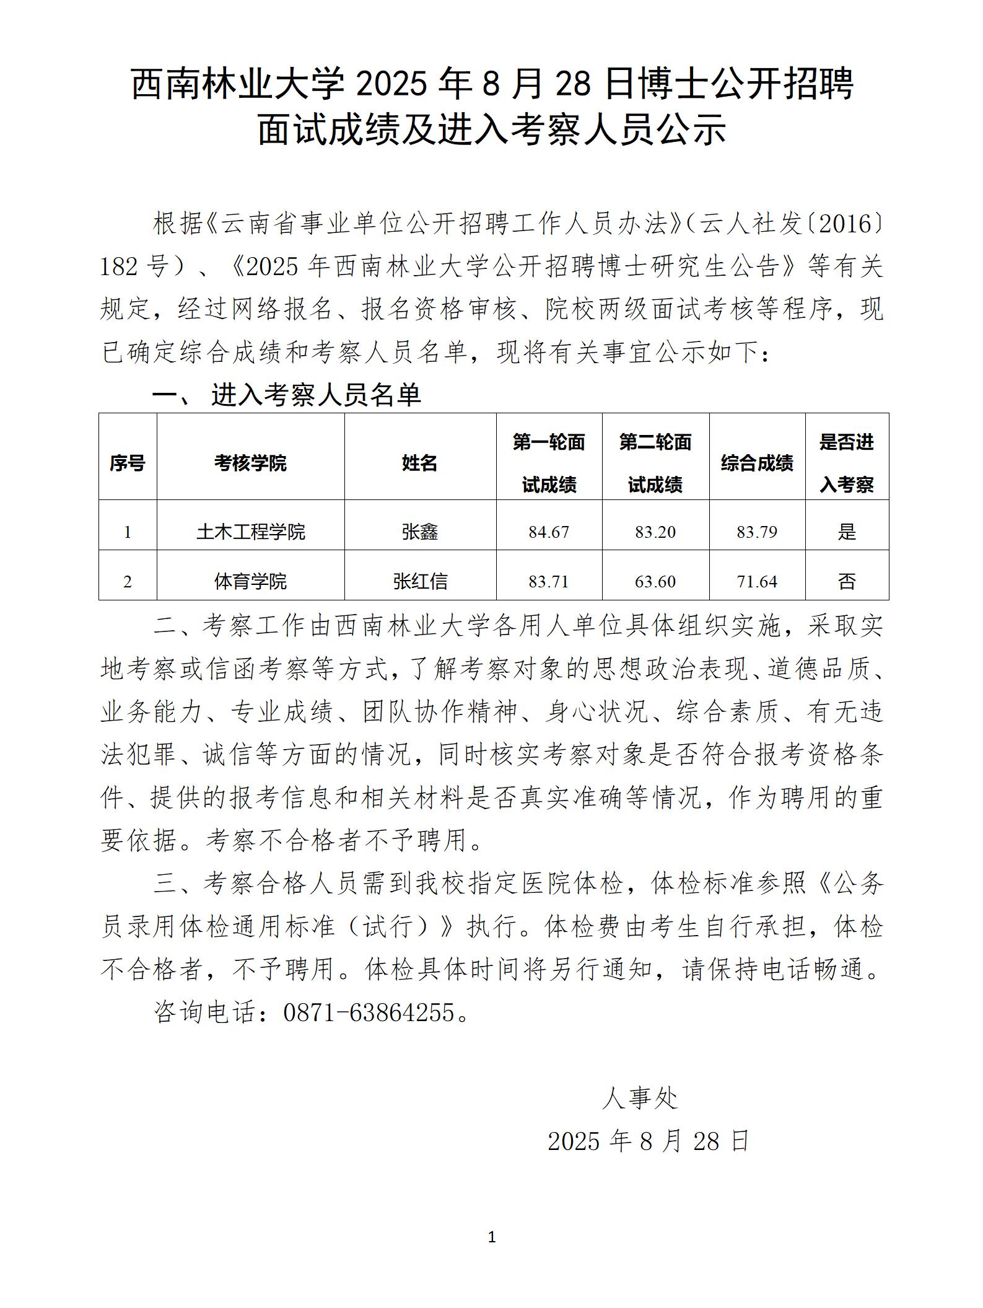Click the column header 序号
pos(127,463)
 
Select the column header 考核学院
pos(250,463)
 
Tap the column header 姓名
pos(419,463)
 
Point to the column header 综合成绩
pos(756,463)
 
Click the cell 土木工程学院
pos(250,532)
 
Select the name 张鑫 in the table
pos(419,532)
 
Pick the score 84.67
pos(548,532)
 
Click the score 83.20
pos(655,532)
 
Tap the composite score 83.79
pos(756,532)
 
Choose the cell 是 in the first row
pos(846,532)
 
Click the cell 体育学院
pos(250,581)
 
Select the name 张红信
pos(419,581)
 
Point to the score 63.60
pos(655,581)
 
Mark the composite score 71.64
pos(756,581)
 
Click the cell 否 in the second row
pos(846,581)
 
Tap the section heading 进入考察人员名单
pos(316,395)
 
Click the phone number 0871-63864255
pos(369,1012)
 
